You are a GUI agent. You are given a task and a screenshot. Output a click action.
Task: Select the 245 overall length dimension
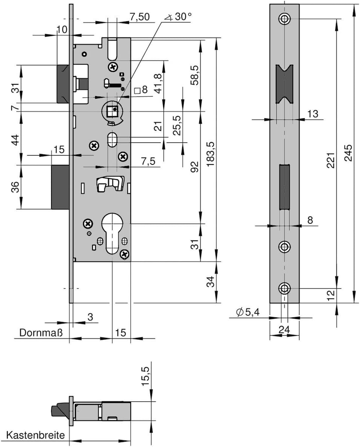[x=349, y=153]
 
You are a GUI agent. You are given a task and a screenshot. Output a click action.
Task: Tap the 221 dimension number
[x=330, y=160]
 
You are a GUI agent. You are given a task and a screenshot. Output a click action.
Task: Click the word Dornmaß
[x=41, y=333]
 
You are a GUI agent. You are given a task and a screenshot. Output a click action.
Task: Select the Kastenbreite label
[x=35, y=435]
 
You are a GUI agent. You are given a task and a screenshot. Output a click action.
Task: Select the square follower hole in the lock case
[x=112, y=110]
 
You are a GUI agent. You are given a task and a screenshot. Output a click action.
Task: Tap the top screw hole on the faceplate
[x=284, y=19]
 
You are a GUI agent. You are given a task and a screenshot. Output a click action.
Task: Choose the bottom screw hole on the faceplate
[x=284, y=289]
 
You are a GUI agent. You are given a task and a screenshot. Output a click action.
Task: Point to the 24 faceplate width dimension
[x=284, y=329]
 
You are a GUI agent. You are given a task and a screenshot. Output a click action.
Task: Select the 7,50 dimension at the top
[x=139, y=17]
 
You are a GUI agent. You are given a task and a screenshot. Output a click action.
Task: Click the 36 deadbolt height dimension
[x=16, y=187]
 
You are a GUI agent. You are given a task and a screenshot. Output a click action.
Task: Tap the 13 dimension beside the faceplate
[x=313, y=114]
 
